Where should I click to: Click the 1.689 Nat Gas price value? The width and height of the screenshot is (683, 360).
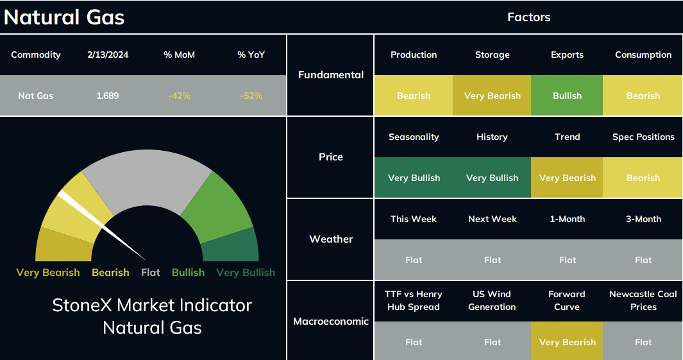pos(108,96)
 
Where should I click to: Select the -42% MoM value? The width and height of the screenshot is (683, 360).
pos(180,96)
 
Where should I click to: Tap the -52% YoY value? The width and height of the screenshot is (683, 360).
pos(251,96)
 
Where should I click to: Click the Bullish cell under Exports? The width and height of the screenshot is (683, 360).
pos(567,96)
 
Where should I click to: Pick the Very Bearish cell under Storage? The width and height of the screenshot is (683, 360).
pos(493,96)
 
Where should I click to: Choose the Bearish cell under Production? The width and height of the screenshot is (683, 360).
pos(414,96)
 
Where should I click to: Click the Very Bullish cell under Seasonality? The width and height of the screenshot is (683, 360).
pos(414,178)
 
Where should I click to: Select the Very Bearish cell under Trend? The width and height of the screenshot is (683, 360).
pos(567,178)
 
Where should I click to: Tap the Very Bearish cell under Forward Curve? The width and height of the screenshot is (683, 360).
pos(567,342)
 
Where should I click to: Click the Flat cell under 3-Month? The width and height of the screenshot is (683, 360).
pos(643,260)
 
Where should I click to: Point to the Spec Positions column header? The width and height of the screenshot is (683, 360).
pos(643,137)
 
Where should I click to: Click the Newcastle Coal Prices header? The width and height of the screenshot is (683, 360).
pos(643,300)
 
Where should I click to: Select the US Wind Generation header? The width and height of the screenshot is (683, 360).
pos(493,300)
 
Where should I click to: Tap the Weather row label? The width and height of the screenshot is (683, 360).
pos(331,239)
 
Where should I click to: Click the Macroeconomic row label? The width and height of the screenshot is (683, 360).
pos(331,321)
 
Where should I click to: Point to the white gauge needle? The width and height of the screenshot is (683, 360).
pos(103,226)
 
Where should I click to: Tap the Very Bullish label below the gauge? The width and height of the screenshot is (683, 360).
pos(246,272)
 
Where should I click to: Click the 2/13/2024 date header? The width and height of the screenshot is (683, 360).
pos(108,55)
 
